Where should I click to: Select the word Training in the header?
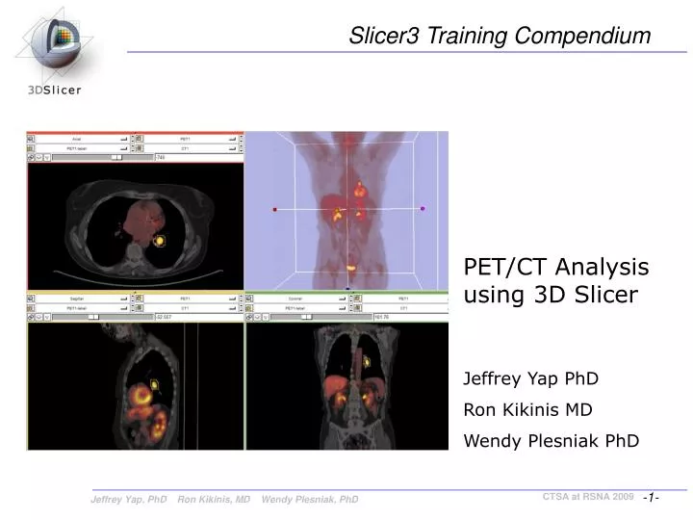click(x=468, y=37)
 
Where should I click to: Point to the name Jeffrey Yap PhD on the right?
click(x=531, y=378)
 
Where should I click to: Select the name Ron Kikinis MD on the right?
click(x=527, y=409)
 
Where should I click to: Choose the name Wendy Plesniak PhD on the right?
click(x=552, y=441)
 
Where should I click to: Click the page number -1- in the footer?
click(x=652, y=497)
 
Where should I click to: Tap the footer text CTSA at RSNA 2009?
click(x=587, y=496)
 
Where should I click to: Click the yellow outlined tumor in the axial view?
click(x=160, y=240)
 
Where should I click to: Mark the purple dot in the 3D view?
click(x=423, y=208)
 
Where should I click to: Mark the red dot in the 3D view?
click(x=275, y=208)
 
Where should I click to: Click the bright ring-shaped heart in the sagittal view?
click(x=145, y=394)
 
